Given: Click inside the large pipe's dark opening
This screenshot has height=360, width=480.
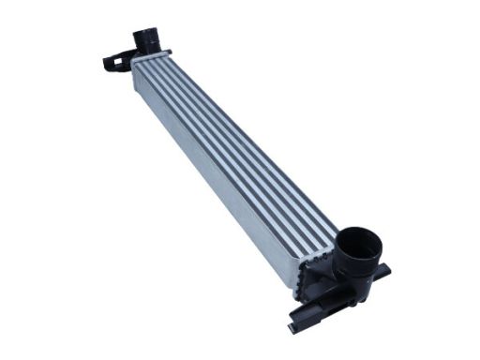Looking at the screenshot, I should [360, 246].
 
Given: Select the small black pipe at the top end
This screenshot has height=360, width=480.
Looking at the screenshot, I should [145, 40].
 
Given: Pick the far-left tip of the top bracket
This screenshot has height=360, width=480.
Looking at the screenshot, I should [104, 66].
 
